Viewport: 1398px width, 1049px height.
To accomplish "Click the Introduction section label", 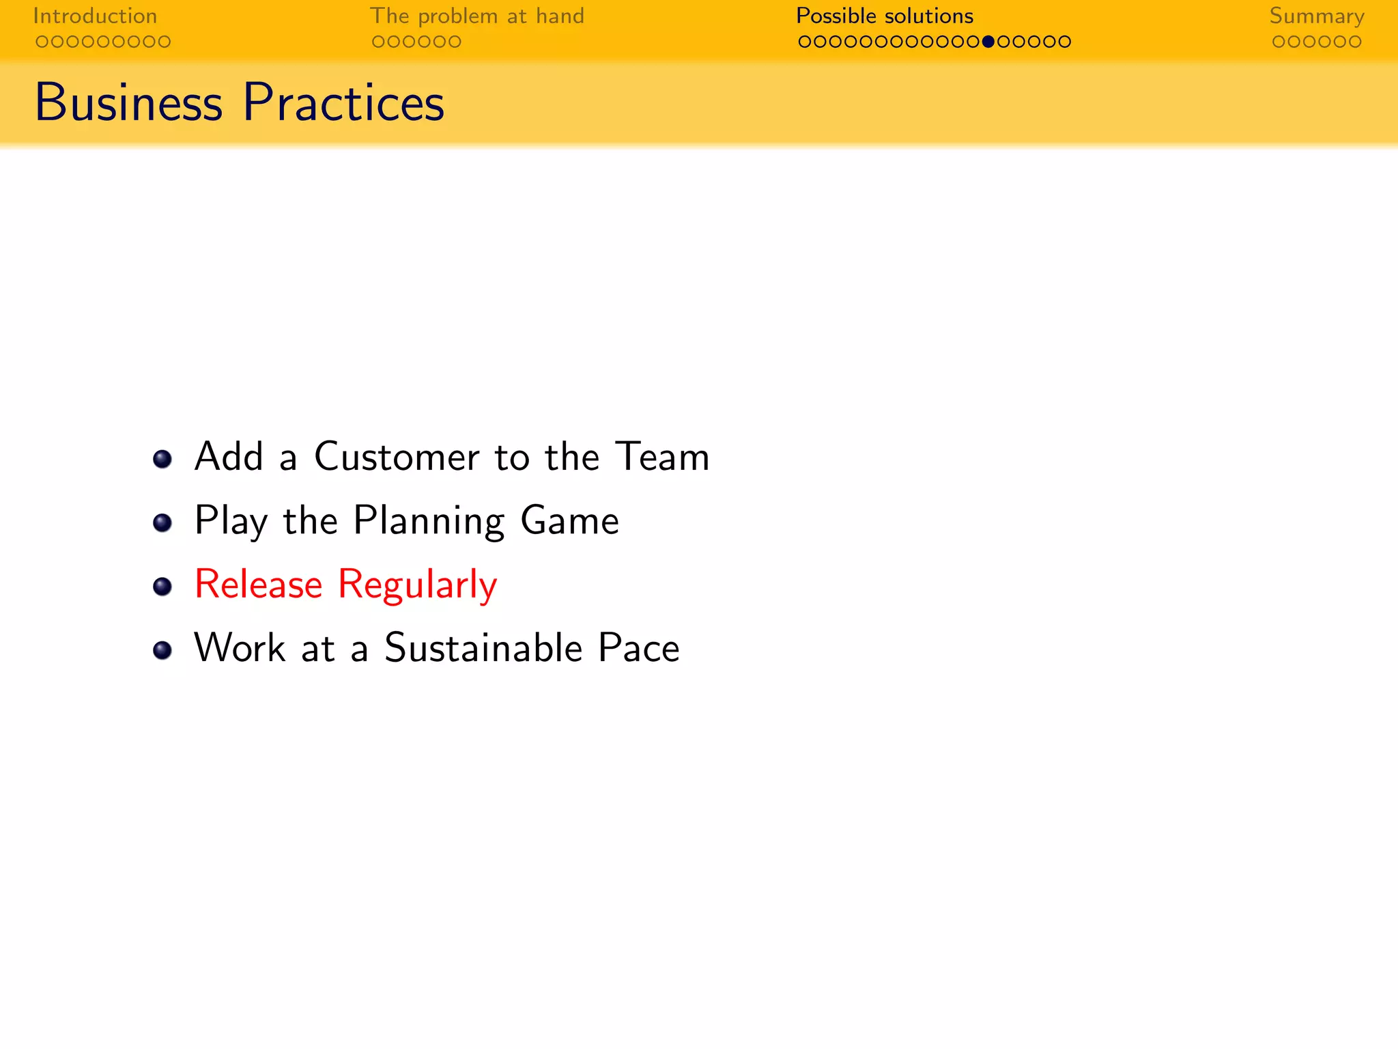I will (95, 16).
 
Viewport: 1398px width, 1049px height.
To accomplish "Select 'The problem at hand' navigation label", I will (476, 16).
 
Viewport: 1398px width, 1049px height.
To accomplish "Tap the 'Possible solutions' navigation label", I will (884, 16).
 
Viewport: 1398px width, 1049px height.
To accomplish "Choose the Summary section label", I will (1316, 16).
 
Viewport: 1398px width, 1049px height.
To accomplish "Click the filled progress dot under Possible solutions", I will (988, 42).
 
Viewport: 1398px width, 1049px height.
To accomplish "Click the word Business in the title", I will (128, 103).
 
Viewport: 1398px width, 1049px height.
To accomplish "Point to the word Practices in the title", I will (343, 103).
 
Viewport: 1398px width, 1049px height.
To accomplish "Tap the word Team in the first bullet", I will (661, 456).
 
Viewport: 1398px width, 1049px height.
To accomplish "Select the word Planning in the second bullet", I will (429, 521).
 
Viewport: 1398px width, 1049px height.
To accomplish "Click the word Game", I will (569, 521).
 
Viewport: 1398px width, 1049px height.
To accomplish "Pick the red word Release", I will (258, 585).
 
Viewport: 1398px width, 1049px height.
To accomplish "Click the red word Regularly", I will (417, 586).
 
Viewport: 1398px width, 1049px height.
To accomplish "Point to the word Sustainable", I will (483, 648).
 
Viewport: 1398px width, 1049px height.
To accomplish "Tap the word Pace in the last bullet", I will (638, 648).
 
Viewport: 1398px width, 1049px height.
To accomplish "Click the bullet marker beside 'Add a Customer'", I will (162, 459).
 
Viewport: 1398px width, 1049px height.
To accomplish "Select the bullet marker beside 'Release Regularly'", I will (162, 587).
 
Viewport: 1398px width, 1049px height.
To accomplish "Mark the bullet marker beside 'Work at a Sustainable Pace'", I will (162, 650).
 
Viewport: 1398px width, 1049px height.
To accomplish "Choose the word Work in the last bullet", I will (240, 648).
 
